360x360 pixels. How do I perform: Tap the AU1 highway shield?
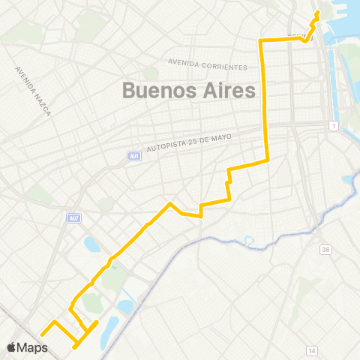pyautogui.click(x=134, y=156)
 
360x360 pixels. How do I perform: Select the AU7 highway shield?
pyautogui.click(x=73, y=218)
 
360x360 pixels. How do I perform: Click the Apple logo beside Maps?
pyautogui.click(x=12, y=347)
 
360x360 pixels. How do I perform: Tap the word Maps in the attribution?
pyautogui.click(x=33, y=347)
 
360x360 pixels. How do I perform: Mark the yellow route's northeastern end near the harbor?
pyautogui.click(x=318, y=12)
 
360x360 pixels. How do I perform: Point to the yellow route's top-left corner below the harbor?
pyautogui.click(x=260, y=39)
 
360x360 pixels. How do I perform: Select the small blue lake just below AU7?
pyautogui.click(x=92, y=244)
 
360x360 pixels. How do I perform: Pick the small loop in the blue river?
pyautogui.click(x=248, y=242)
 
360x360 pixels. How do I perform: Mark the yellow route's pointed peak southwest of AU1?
pyautogui.click(x=171, y=203)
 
